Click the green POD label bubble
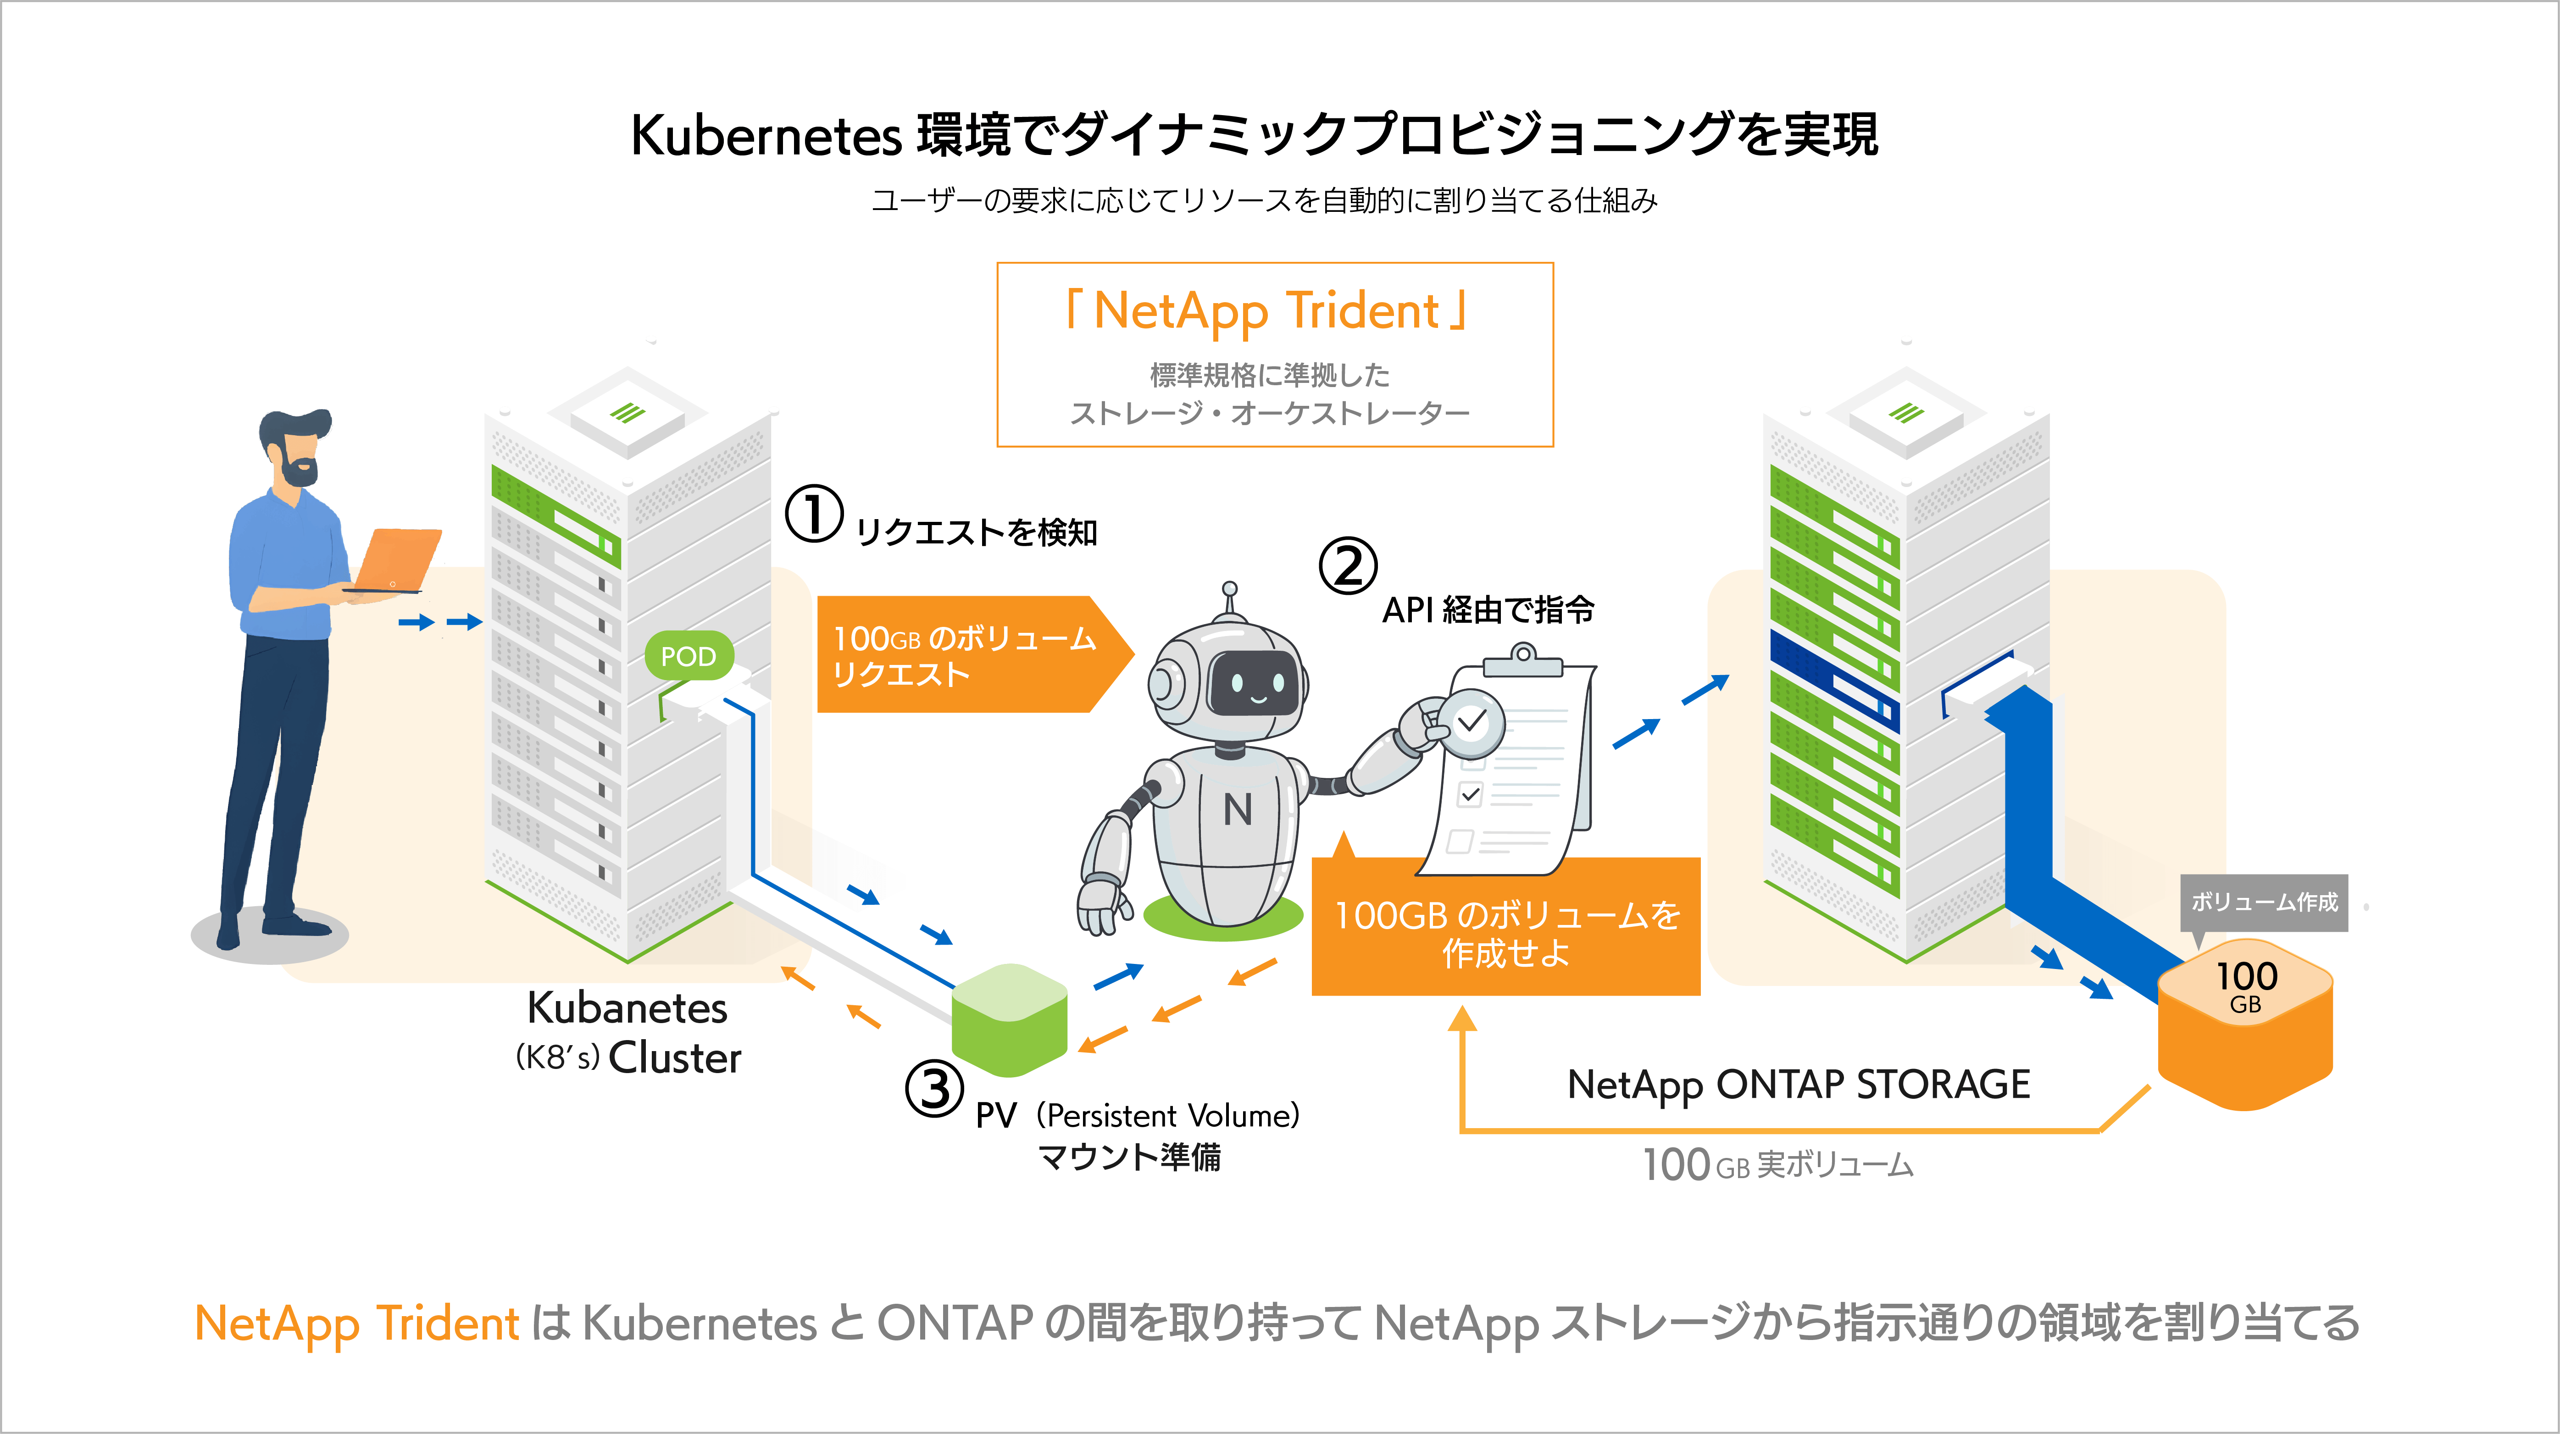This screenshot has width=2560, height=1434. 689,656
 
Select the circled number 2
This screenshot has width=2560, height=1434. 1348,566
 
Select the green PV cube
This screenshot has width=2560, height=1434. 1009,1019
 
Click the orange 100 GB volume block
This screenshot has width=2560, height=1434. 2245,1029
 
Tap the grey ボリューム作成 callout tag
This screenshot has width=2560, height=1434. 2264,902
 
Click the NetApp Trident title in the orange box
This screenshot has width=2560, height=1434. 1266,311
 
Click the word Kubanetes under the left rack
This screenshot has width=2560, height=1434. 627,1008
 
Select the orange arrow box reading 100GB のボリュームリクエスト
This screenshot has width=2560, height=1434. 964,655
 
